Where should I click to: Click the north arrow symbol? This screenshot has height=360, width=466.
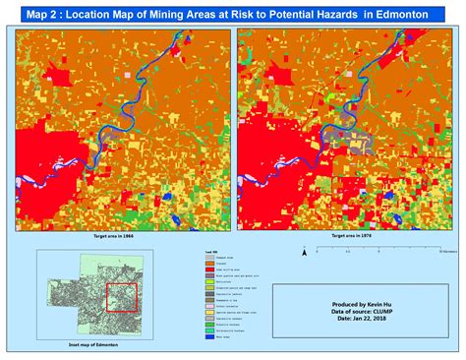point(304,252)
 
